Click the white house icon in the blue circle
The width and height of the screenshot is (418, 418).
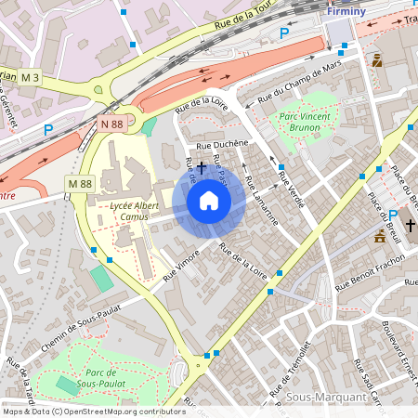click(209, 201)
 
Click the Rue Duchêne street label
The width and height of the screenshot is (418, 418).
click(221, 144)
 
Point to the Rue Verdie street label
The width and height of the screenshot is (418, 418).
click(291, 185)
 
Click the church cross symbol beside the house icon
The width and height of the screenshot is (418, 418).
click(200, 165)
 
